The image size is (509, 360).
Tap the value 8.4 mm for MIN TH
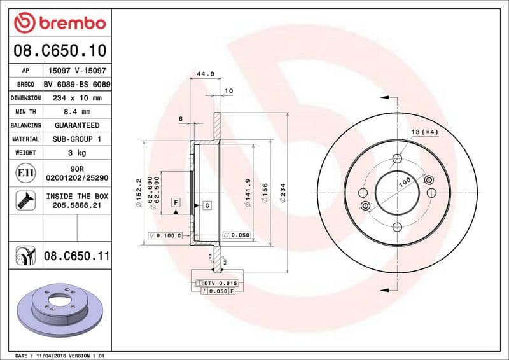click(x=76, y=112)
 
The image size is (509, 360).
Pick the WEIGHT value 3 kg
click(x=76, y=153)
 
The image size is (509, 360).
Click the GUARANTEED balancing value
click(x=76, y=125)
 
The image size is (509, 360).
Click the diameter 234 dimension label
click(x=282, y=193)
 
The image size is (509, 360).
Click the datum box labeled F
click(x=176, y=202)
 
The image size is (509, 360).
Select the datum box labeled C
click(x=207, y=205)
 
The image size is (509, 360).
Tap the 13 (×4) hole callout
click(x=425, y=132)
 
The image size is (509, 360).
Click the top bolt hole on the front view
click(x=398, y=159)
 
